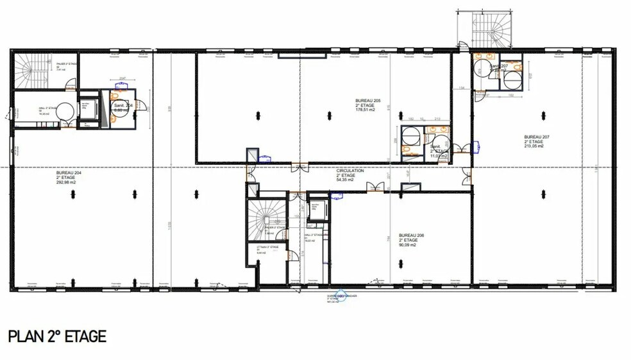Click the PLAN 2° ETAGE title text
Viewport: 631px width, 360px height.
[x=56, y=336]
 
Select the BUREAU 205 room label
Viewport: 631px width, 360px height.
[x=368, y=101]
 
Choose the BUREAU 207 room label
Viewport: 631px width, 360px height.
[x=534, y=137]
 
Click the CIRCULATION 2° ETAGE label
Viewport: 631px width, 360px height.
[x=350, y=171]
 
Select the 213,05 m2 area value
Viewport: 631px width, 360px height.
[x=533, y=146]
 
